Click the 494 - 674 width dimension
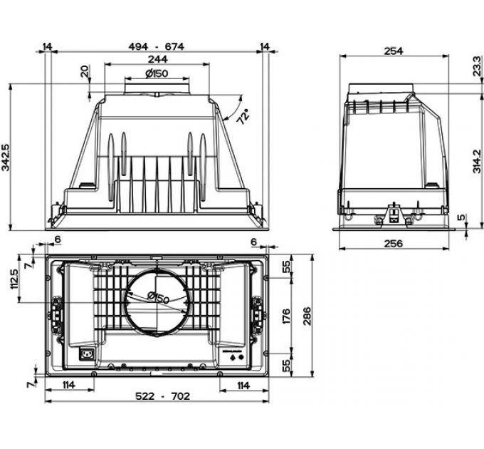155,46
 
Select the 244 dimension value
158,60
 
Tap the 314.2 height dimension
475,158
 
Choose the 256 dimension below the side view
394,244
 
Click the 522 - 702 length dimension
156,396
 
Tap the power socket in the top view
90,353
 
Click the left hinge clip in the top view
55,311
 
